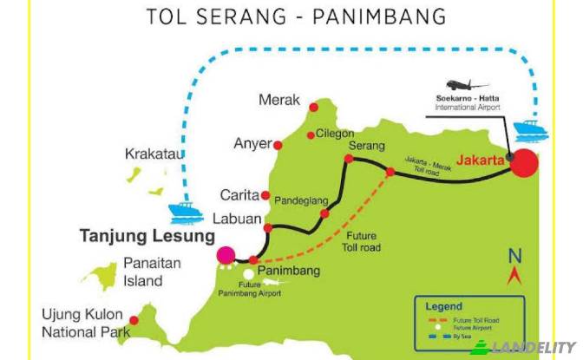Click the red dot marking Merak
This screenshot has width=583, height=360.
click(313, 108)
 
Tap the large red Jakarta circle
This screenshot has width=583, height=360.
click(523, 162)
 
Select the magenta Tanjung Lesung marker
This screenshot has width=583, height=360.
click(226, 255)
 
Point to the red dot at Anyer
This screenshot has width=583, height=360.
click(278, 144)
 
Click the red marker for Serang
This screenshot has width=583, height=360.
click(350, 160)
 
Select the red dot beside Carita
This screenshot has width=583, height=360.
click(265, 196)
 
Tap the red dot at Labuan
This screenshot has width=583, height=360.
click(268, 228)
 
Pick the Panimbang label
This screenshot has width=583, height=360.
click(291, 271)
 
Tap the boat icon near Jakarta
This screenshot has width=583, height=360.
click(527, 131)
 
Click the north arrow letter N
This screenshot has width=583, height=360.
click(514, 256)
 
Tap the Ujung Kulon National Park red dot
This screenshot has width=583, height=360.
click(134, 320)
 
